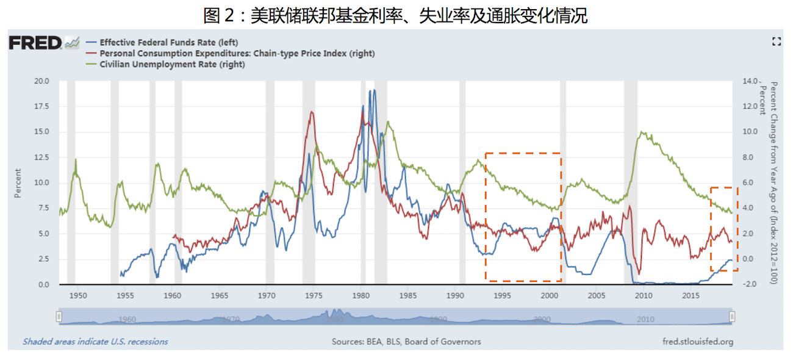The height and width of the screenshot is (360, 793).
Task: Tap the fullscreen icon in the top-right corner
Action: [x=777, y=41]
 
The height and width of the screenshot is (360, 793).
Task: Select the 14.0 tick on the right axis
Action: [x=749, y=81]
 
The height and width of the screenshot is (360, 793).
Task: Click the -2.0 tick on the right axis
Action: [x=748, y=285]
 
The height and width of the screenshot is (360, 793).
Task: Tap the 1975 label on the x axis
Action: [x=314, y=296]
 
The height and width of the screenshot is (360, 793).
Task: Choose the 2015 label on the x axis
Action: [x=691, y=296]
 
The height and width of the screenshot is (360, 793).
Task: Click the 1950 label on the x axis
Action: [x=78, y=296]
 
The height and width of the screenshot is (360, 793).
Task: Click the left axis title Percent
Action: [x=17, y=182]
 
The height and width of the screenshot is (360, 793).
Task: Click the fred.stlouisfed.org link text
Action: [x=697, y=342]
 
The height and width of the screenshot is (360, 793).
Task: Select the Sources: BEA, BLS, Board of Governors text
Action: [x=406, y=342]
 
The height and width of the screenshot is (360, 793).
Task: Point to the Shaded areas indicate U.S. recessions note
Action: [x=95, y=342]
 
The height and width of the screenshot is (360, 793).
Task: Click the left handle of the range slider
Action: [x=59, y=316]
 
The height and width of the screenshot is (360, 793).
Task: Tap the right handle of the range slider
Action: [x=732, y=316]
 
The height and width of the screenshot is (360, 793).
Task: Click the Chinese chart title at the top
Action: [x=395, y=15]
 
